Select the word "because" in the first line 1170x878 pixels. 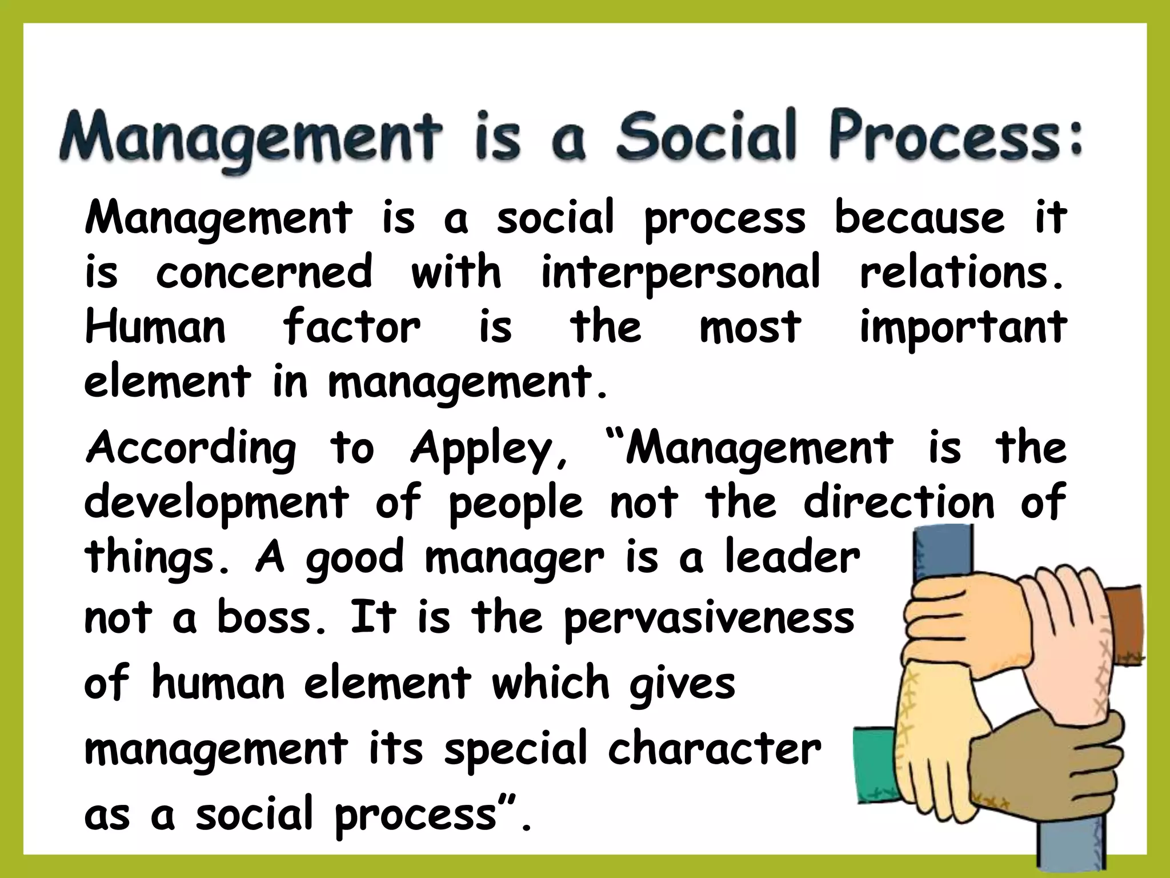[x=919, y=217]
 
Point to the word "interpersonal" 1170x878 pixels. [x=680, y=272]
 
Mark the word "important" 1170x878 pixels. [x=963, y=328]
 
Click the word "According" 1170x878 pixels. [x=191, y=448]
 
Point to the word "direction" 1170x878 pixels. [x=899, y=502]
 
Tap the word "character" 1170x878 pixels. [x=714, y=749]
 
